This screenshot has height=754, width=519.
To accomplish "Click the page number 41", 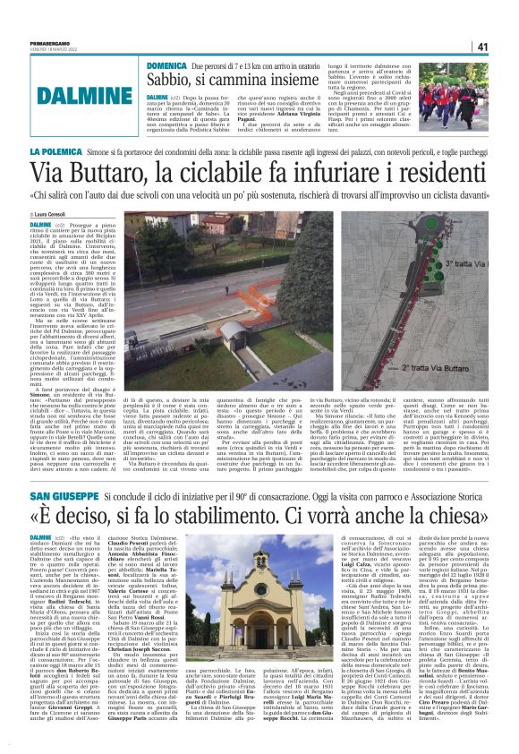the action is point(505,46).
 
